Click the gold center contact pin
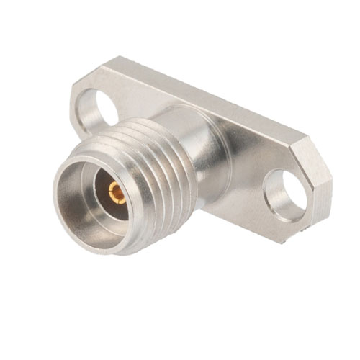[114, 192]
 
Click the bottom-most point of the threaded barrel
[133, 252]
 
